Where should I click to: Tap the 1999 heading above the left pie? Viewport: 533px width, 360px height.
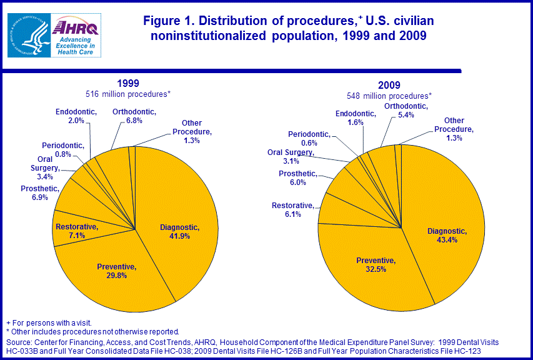128,83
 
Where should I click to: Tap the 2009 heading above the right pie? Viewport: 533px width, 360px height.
389,85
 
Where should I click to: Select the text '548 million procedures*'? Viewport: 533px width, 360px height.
389,96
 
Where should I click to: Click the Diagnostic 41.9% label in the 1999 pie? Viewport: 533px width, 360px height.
179,232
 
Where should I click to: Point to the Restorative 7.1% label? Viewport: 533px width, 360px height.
77,231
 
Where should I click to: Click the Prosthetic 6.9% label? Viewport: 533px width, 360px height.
40,193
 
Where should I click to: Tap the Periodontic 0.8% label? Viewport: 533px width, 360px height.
62,150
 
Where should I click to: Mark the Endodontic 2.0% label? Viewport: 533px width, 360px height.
76,116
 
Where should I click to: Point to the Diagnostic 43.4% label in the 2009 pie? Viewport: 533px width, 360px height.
447,236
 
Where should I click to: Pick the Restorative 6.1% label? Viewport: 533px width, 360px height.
292,210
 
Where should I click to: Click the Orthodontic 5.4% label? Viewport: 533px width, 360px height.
406,111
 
